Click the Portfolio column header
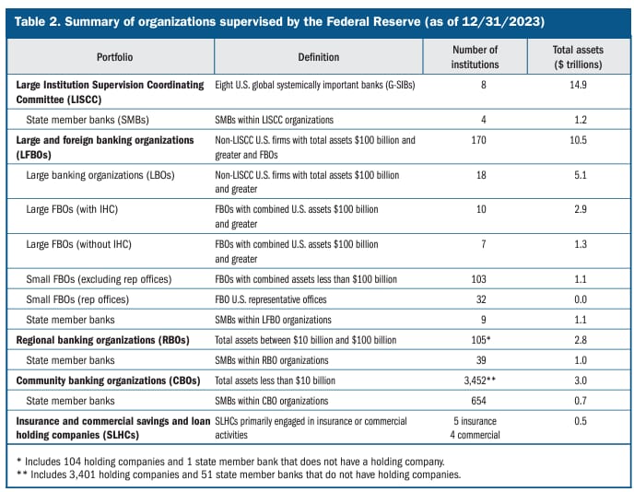tap(114, 57)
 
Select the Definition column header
tap(319, 57)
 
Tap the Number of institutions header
tap(475, 57)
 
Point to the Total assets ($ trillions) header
tap(578, 57)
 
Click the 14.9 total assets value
tap(578, 85)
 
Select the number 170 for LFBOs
tap(479, 140)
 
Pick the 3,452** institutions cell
tap(480, 381)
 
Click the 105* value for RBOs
tap(481, 340)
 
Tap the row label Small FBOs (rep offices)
tap(77, 299)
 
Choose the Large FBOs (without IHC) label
tap(79, 244)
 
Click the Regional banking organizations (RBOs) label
tap(102, 340)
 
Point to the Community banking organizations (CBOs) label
tap(109, 381)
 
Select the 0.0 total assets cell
tap(581, 299)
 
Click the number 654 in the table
tap(479, 401)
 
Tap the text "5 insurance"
tap(475, 421)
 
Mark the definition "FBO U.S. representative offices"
tap(271, 299)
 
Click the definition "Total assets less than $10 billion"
tap(275, 381)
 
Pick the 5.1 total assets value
tap(581, 175)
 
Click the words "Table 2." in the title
tap(38, 21)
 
